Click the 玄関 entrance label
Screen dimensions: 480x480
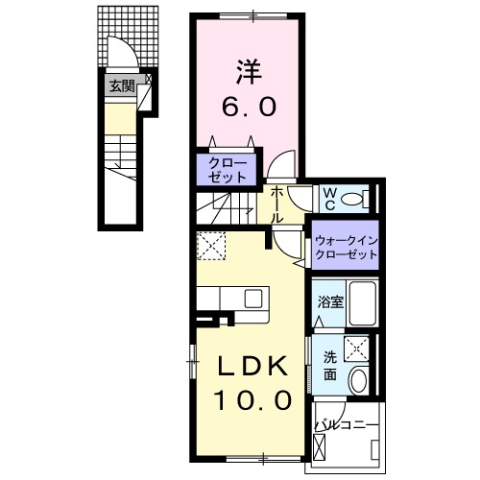tap(121, 86)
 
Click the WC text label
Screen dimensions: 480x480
tap(327, 199)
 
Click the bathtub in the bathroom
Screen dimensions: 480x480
tap(361, 303)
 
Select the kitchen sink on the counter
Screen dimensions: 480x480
tap(252, 298)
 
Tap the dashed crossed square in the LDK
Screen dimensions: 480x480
tap(209, 249)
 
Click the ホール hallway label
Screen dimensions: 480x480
tap(276, 204)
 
